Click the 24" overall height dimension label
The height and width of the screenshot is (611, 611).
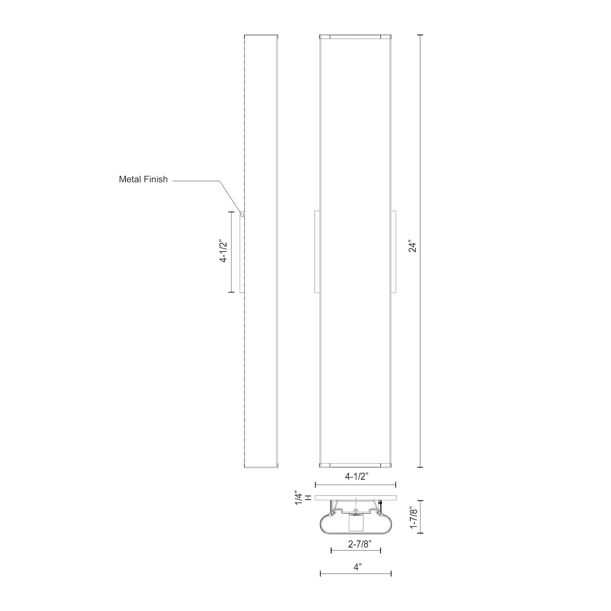coord(413,248)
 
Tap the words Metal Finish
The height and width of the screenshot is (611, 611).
coord(143,179)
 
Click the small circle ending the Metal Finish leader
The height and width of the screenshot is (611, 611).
coord(242,215)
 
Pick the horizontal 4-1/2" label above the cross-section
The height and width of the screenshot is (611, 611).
coord(357,477)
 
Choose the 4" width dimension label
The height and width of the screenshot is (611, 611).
coord(357,566)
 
